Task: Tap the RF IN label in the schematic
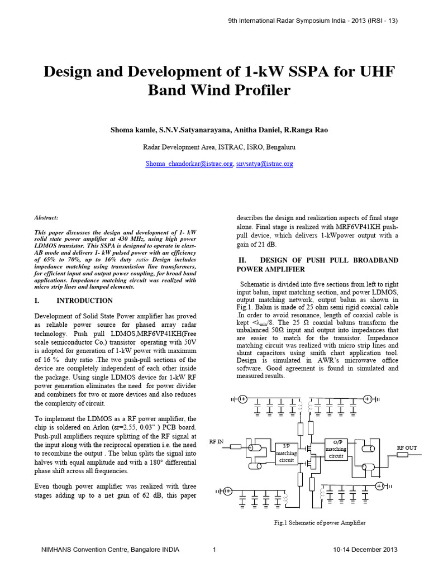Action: coord(216,442)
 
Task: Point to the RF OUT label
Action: coord(407,448)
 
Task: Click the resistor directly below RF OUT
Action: coord(402,455)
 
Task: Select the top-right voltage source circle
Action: coord(368,399)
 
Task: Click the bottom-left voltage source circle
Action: coord(228,491)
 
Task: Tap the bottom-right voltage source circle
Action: coord(381,486)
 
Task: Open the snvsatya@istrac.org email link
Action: coord(264,164)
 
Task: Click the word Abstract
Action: coord(46,218)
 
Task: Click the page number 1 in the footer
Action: coord(214,550)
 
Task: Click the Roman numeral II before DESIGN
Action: coord(242,260)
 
